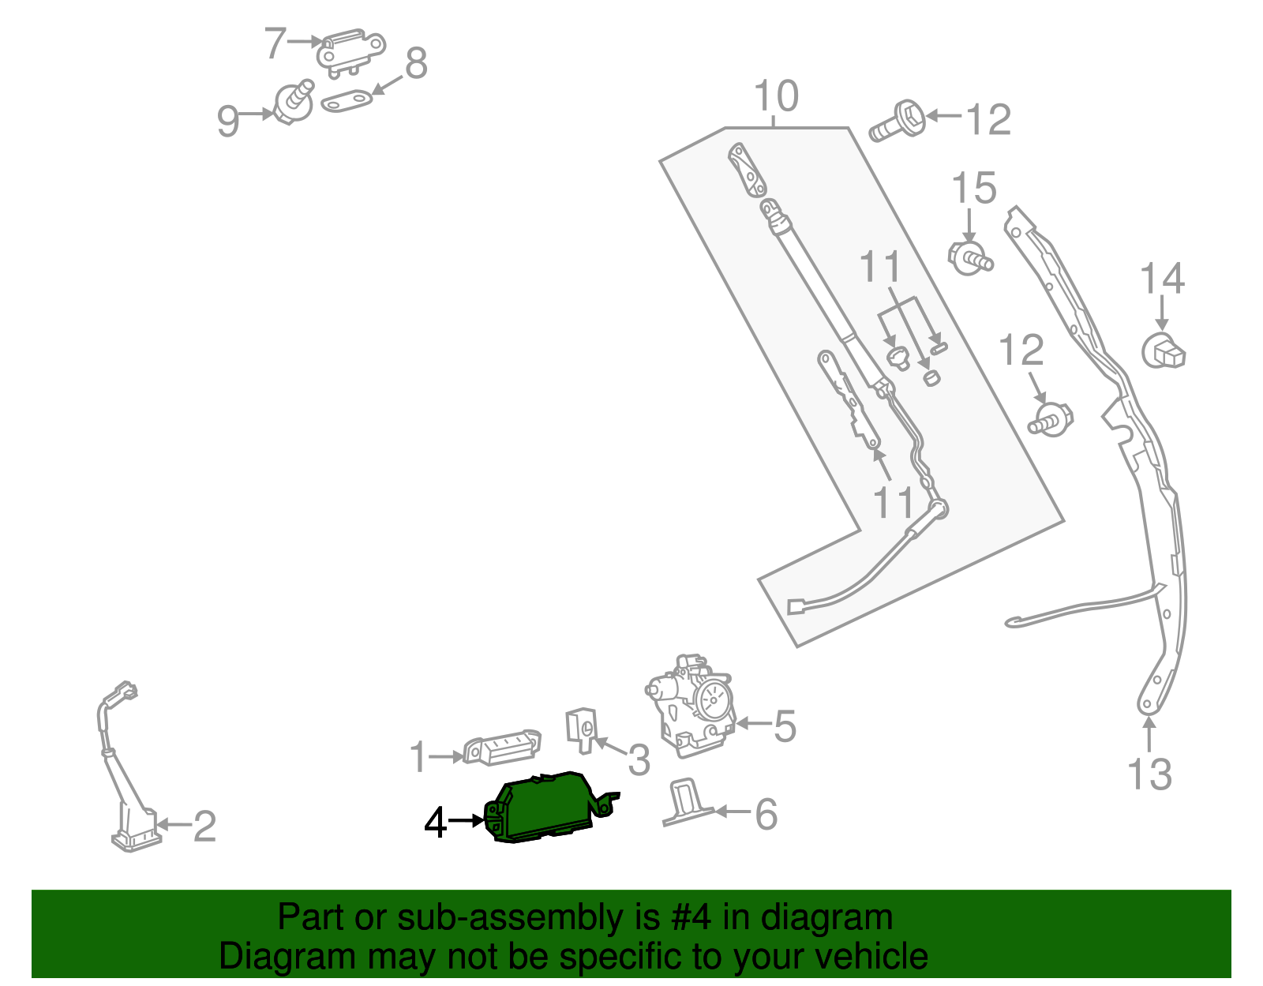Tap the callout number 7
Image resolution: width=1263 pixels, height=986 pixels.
point(275,43)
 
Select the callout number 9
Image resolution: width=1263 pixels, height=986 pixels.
point(227,122)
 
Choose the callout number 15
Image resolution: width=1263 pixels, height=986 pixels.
point(973,189)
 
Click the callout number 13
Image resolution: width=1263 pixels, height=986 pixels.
point(1149,774)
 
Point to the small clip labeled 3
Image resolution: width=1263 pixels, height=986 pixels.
point(582,730)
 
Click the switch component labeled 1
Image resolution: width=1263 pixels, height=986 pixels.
point(501,748)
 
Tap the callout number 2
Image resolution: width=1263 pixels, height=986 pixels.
point(204,827)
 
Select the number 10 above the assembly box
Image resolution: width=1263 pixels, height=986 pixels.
point(776,97)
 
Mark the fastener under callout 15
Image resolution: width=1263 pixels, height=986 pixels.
point(970,257)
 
